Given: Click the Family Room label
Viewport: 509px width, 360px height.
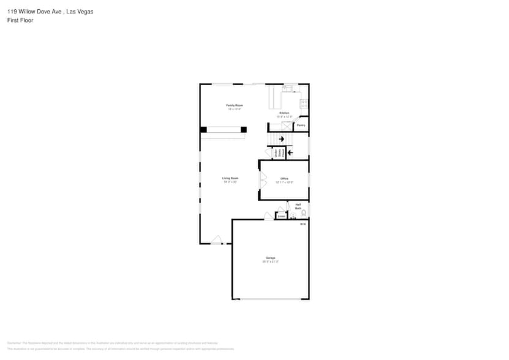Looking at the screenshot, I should (235, 106).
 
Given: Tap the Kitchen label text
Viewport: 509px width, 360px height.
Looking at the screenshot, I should (284, 113).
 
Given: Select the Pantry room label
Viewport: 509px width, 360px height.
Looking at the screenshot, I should (301, 126).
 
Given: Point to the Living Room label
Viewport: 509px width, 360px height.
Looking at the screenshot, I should (230, 178).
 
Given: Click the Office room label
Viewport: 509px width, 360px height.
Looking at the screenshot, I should (284, 179).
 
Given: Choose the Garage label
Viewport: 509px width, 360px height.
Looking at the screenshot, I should (270, 258).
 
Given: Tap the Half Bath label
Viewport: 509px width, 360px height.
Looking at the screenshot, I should (298, 206).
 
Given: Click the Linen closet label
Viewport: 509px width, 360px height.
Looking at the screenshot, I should (281, 216).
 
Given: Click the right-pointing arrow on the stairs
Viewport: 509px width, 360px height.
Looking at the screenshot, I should (282, 139).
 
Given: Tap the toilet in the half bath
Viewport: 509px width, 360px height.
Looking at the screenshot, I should (303, 213).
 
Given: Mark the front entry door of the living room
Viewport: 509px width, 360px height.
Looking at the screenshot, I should (216, 240).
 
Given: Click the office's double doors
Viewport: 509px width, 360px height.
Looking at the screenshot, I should (263, 179).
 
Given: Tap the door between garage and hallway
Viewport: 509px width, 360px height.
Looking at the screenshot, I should (268, 216).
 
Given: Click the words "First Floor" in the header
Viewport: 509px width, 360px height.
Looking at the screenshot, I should (21, 20).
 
